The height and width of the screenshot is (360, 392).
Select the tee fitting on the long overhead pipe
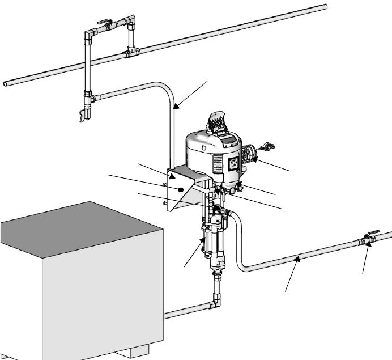coord(131,53)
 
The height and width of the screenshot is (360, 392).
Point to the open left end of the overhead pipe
coord(6,83)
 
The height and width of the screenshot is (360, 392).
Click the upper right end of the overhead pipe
coord(325,6)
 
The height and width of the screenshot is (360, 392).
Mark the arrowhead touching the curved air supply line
coord(177,106)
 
